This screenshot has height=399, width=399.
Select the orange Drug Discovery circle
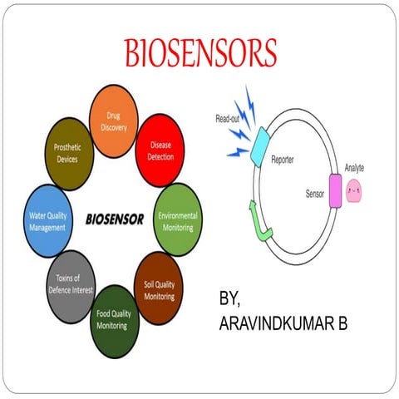pos(113,121)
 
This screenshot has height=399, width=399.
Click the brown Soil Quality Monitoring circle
pos(159,290)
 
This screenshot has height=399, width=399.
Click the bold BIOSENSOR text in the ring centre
pos(115,220)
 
